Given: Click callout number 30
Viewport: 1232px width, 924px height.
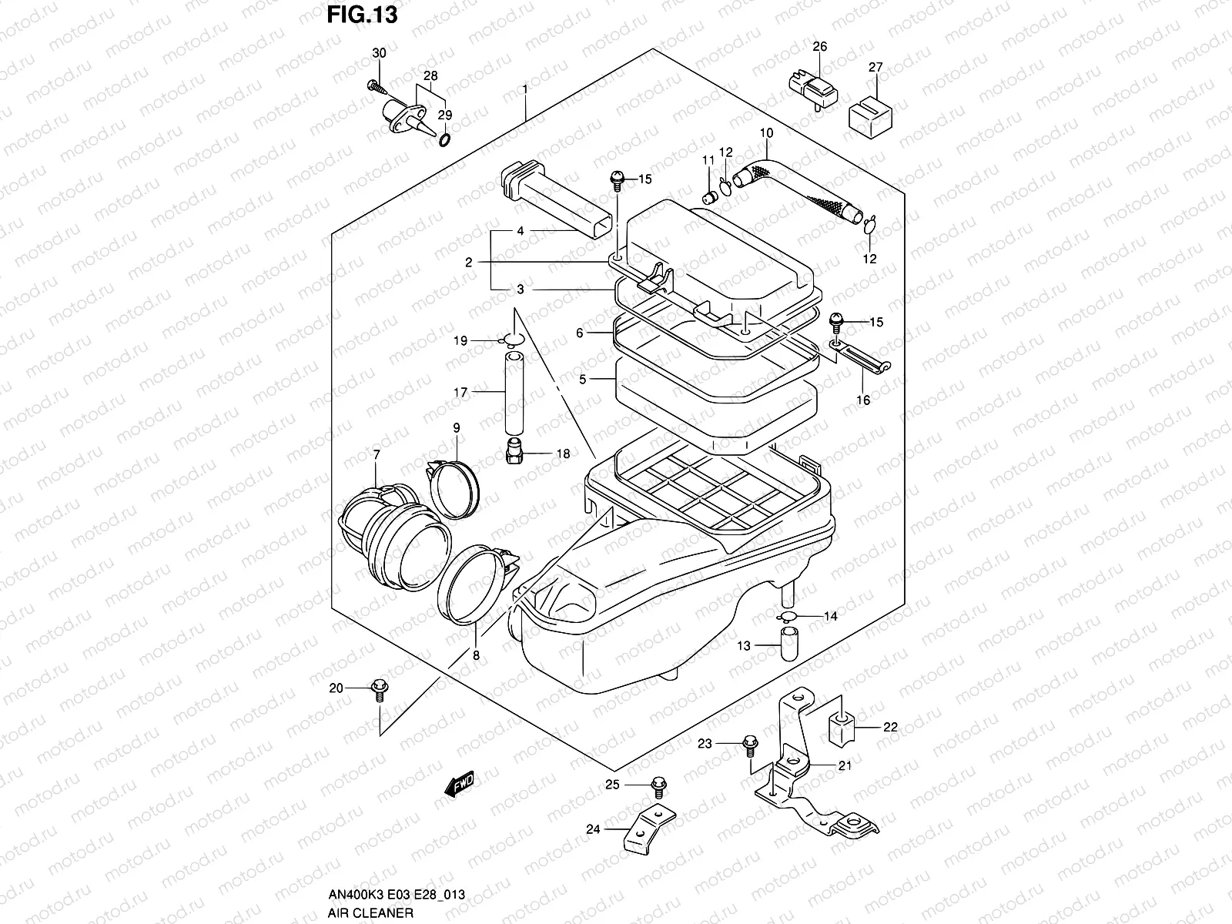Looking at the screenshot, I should click(379, 53).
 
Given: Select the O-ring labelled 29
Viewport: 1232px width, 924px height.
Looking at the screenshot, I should click(445, 139).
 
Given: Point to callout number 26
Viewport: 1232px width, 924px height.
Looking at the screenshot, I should click(819, 47).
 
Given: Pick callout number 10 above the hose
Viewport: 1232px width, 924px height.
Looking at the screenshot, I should click(766, 132).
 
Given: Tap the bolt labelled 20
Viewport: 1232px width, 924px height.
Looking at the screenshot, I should click(379, 689).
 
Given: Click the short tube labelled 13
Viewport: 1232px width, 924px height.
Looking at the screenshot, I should click(789, 644).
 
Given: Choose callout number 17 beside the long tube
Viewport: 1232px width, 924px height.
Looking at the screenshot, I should click(460, 393).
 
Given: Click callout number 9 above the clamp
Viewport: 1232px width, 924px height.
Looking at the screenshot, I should click(456, 427).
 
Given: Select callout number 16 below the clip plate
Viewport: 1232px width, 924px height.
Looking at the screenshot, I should click(863, 400).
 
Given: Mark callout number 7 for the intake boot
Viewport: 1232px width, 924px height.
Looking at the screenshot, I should click(376, 455).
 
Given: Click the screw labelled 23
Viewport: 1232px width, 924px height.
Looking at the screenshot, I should click(749, 745).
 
